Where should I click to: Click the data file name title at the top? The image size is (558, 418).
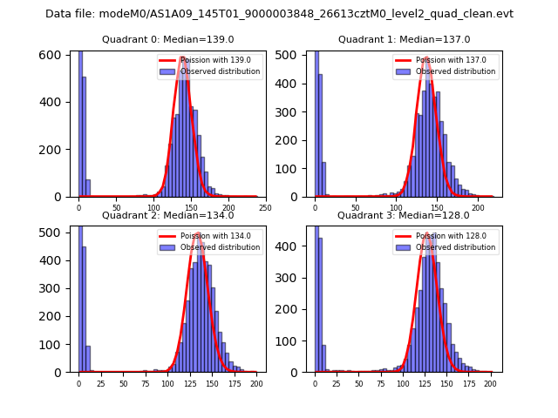tap(279, 14)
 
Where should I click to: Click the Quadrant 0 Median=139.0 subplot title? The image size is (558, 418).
tap(168, 39)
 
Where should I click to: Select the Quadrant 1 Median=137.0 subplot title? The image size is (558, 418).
tap(405, 39)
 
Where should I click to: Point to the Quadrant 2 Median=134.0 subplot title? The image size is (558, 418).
tap(168, 215)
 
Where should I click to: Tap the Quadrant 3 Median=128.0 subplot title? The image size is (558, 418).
tap(404, 215)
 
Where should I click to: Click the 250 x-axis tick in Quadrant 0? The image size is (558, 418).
tap(265, 207)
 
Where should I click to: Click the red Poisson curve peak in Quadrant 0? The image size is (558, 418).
tap(183, 57)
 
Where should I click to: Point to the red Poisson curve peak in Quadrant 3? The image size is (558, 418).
tap(427, 233)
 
